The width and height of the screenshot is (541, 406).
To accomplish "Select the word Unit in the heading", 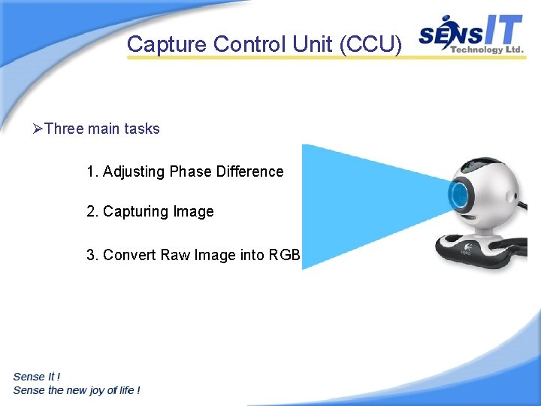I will click(x=313, y=44).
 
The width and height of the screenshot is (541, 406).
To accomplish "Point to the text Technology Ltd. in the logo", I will click(x=485, y=50).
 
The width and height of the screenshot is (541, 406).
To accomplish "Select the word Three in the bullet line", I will click(x=64, y=129).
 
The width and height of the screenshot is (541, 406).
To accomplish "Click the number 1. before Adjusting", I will click(x=92, y=171).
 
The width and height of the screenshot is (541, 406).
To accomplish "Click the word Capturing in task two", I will click(x=136, y=211).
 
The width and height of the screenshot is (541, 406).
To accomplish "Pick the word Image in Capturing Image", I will click(x=193, y=211).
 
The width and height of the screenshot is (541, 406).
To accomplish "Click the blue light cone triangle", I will click(x=353, y=203).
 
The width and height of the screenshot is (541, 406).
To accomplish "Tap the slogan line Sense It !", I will click(x=37, y=377).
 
